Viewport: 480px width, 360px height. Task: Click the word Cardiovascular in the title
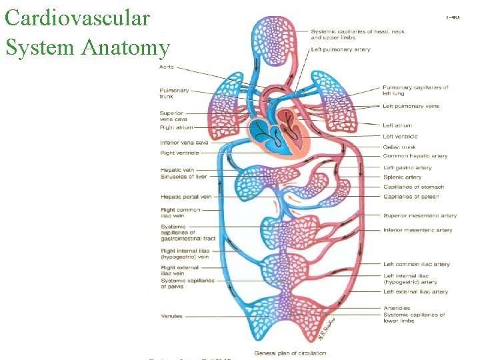point(77,18)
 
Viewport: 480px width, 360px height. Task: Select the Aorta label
point(167,67)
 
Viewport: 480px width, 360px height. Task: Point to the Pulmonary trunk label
point(174,94)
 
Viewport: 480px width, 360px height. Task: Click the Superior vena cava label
point(171,117)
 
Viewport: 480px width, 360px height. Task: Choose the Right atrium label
point(176,127)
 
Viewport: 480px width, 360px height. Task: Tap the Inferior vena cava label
point(184,142)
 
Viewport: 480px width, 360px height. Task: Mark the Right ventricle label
point(179,153)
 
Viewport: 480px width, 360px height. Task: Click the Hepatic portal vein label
point(186,197)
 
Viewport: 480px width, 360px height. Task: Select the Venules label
point(171,316)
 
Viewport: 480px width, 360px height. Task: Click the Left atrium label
point(397,125)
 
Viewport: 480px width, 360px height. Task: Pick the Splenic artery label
point(403,177)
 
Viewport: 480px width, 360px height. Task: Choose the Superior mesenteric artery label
point(420,215)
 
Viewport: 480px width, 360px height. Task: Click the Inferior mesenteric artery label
point(418,230)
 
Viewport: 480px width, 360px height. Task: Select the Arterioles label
point(397,308)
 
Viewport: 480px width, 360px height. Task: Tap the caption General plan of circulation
point(291,353)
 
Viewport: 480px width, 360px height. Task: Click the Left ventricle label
point(400,137)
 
